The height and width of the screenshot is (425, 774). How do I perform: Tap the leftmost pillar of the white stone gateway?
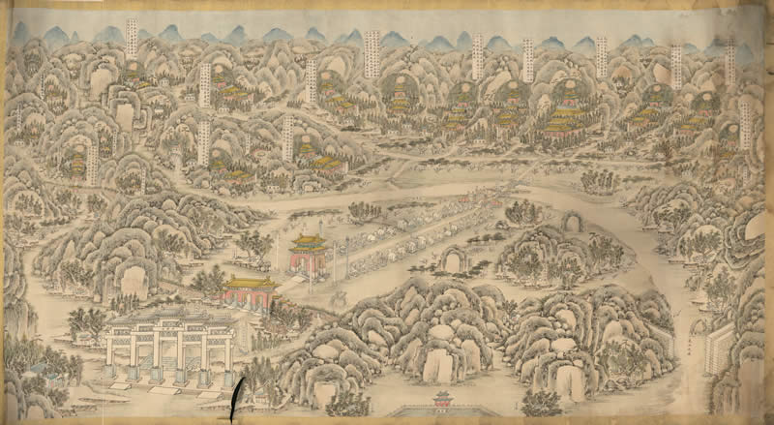tap(111, 358)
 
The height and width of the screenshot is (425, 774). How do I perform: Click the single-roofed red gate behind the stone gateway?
tap(250, 290)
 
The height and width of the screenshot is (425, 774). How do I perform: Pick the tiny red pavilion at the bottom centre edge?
tap(443, 398)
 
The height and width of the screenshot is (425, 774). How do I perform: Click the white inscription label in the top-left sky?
tap(133, 39)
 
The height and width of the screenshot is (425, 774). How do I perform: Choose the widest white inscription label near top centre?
tap(372, 52)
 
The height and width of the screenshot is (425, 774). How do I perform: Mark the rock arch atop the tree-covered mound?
tap(573, 222)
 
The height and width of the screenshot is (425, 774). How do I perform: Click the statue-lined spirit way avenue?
tap(426, 232)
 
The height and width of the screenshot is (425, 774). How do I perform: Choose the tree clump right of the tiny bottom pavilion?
tap(541, 402)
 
